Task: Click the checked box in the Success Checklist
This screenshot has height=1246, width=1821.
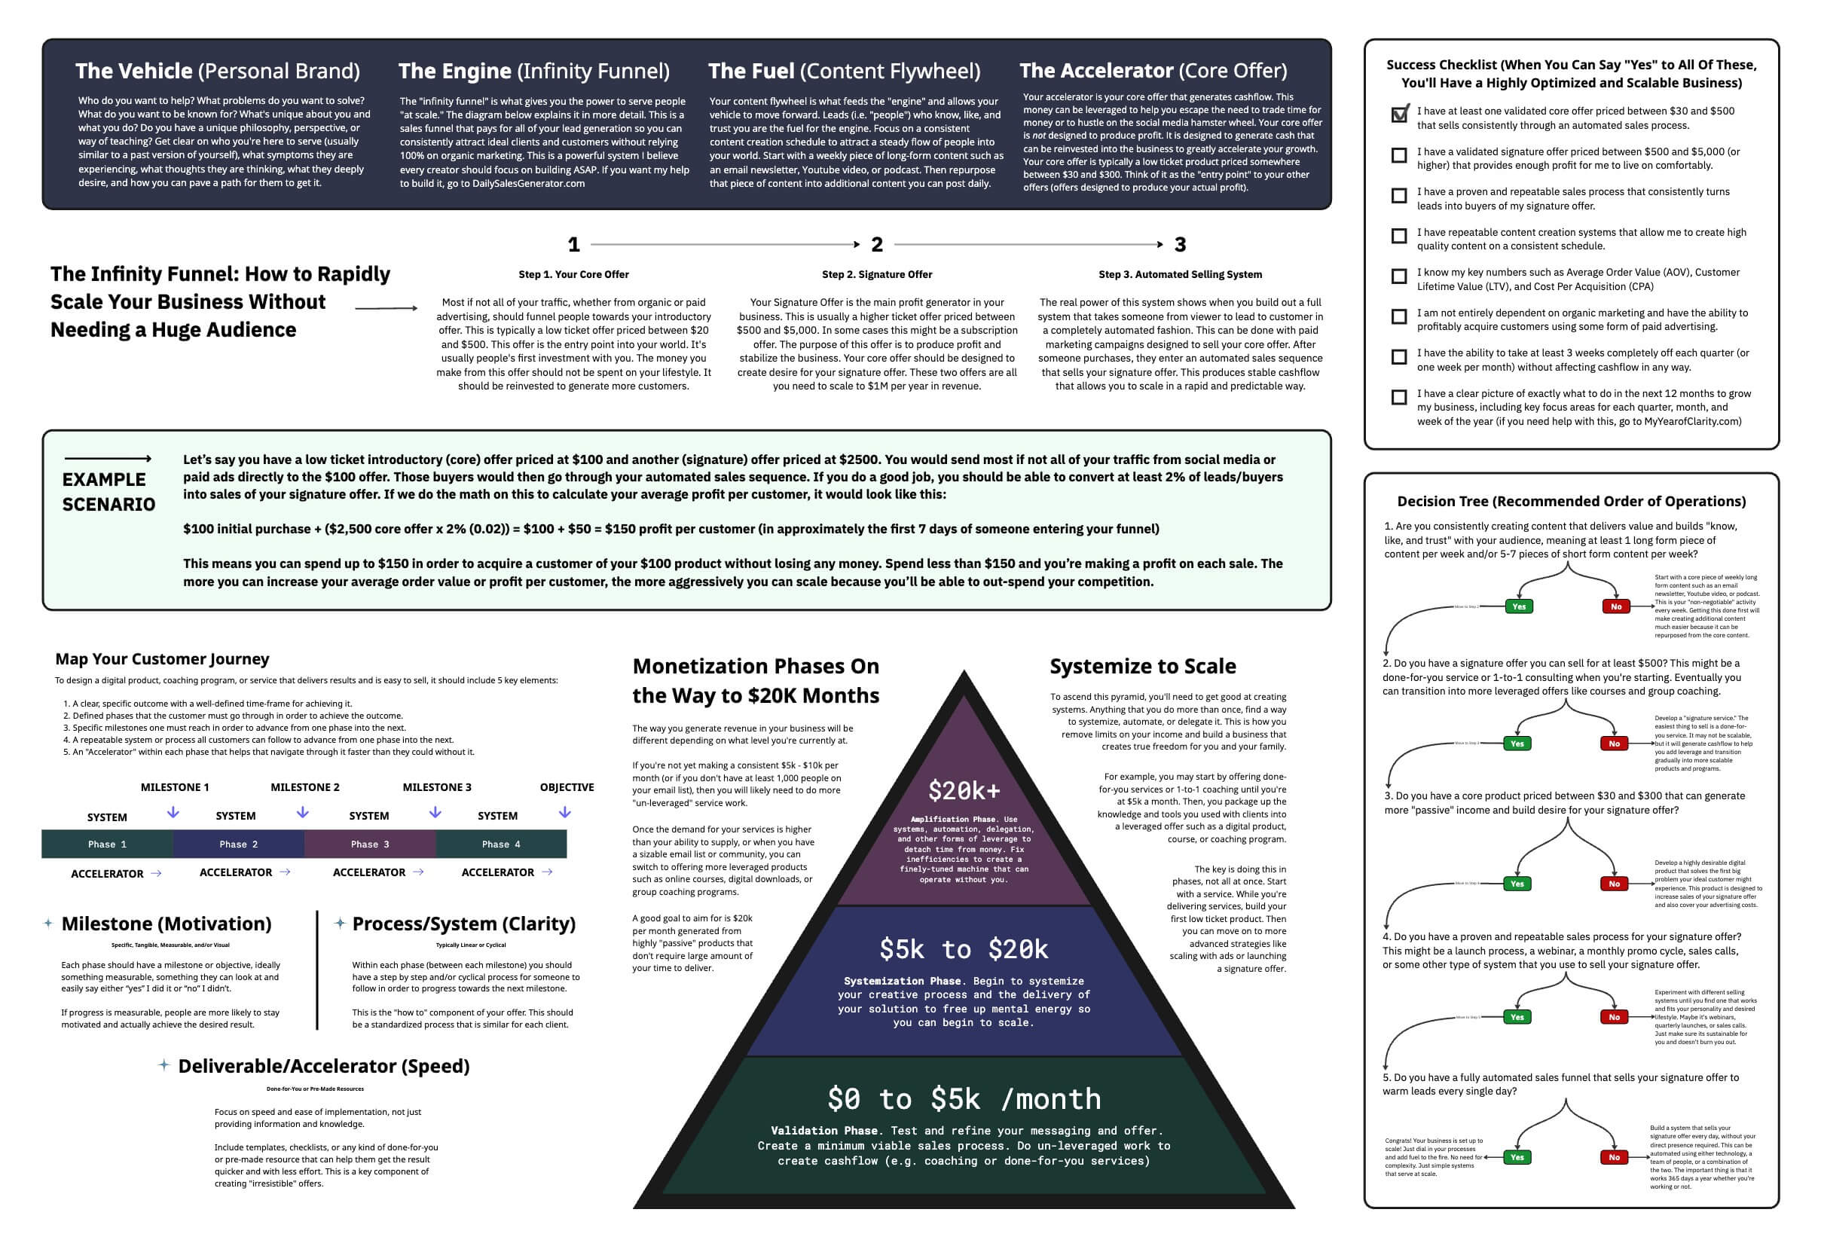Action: tap(1398, 115)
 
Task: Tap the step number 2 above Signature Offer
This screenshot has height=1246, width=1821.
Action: tap(877, 245)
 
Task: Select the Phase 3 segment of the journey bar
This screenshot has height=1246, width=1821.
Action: tap(370, 844)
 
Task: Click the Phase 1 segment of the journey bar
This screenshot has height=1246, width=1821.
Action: tap(107, 844)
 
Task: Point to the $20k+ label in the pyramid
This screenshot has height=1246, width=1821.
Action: tap(964, 791)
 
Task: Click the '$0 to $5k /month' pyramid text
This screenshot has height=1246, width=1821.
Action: tap(964, 1098)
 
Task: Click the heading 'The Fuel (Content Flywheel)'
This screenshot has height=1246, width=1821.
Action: tap(844, 72)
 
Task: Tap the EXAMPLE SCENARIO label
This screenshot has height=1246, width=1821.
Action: tap(108, 491)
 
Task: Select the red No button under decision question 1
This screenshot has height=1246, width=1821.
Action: tap(1616, 606)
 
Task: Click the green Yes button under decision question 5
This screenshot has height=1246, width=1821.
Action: tap(1517, 1156)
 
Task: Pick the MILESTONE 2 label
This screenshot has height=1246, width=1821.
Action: tap(305, 786)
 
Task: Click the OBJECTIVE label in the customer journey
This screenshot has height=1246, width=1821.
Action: tap(567, 786)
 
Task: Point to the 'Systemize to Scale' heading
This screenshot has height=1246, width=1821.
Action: tap(1142, 666)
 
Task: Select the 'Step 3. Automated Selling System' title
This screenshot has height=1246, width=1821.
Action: tap(1180, 274)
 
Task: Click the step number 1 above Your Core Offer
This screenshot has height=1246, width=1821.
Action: tap(573, 245)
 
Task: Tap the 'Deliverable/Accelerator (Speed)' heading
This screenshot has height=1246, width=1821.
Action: tap(324, 1066)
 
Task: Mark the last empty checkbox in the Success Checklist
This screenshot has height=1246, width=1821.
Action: tap(1398, 397)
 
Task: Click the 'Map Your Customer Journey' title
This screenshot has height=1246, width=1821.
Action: tap(162, 659)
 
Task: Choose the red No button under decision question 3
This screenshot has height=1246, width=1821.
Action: tap(1614, 884)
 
